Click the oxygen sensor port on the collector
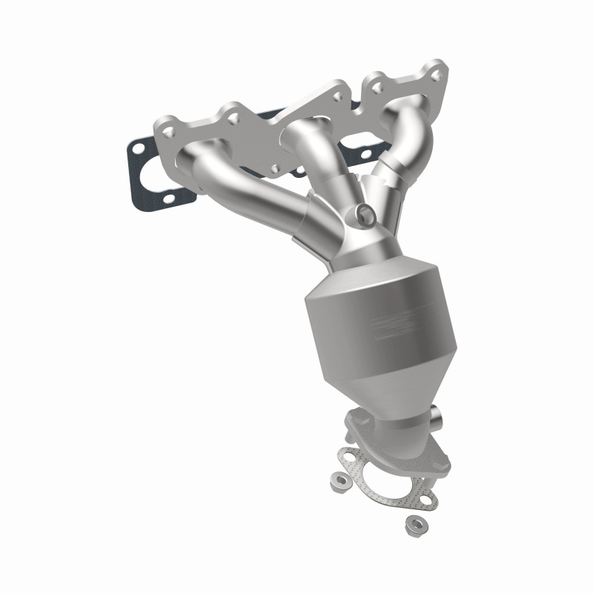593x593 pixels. [365, 214]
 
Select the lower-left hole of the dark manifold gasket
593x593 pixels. [170, 199]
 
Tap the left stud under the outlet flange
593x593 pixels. [348, 428]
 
